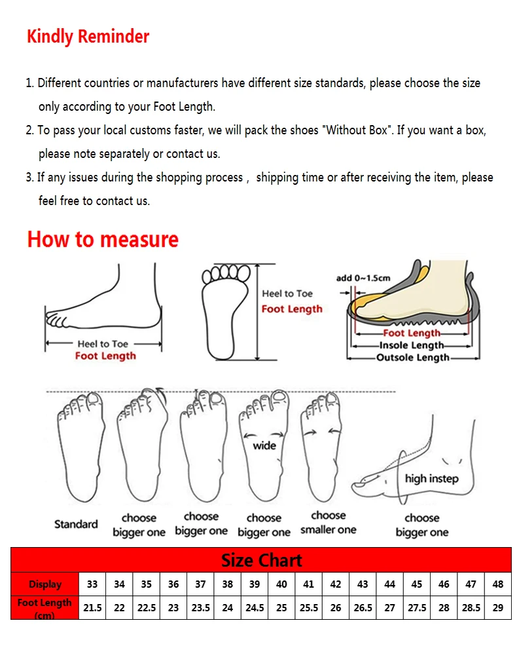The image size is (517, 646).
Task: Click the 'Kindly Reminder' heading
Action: (88, 37)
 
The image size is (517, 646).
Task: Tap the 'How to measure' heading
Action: (103, 239)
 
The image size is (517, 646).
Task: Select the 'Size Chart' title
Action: (261, 560)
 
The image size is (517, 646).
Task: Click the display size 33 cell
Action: (92, 584)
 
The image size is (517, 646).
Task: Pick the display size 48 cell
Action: (497, 584)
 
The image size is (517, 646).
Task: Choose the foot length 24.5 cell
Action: (255, 607)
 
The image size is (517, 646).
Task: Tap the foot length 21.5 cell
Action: (92, 607)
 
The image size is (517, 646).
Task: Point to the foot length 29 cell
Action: (497, 607)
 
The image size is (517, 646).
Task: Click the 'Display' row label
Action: (45, 584)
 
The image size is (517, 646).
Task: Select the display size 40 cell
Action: (281, 584)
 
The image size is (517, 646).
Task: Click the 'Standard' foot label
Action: (76, 524)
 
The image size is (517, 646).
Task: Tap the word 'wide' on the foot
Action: (264, 446)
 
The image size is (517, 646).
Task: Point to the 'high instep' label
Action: (431, 478)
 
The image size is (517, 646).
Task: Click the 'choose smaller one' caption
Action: (329, 523)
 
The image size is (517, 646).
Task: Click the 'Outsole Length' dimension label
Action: (412, 358)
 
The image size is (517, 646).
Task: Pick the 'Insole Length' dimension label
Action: (412, 345)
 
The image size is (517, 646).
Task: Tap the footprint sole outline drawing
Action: (224, 311)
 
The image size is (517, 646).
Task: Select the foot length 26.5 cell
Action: (363, 607)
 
